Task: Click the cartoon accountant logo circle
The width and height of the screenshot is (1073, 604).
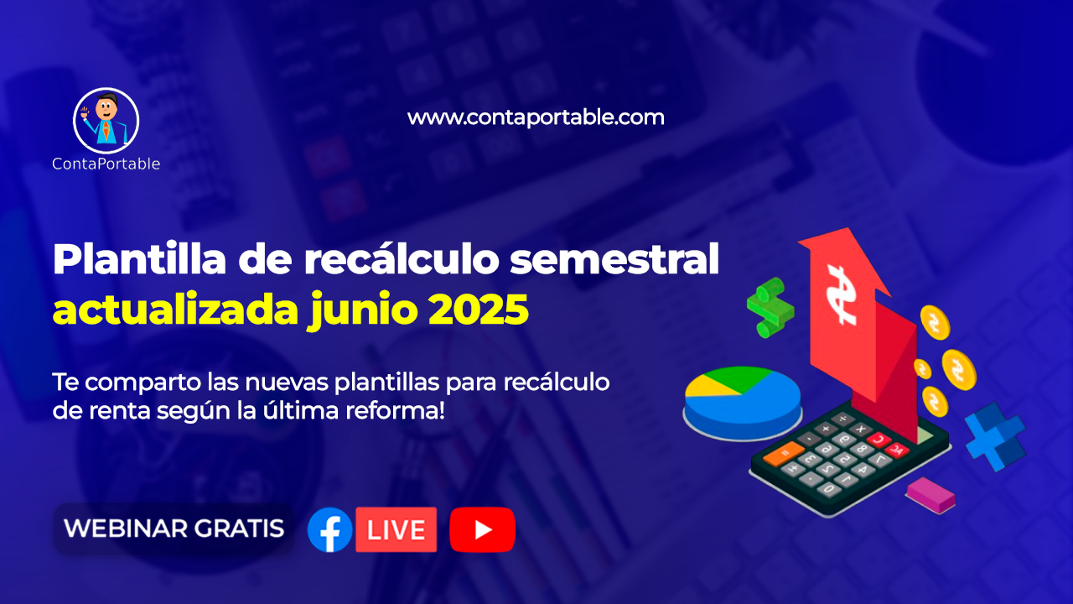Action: (x=106, y=121)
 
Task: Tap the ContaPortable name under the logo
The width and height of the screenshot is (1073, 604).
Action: (x=106, y=164)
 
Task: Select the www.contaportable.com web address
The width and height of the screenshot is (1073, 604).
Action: (x=536, y=118)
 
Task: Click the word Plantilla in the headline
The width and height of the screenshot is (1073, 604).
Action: (x=139, y=259)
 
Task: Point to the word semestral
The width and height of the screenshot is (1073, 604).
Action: (x=614, y=260)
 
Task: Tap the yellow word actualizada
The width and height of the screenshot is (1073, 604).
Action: (x=175, y=310)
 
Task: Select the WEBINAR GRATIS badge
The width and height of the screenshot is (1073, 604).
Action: (x=174, y=528)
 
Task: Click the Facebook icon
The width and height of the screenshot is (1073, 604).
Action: (x=330, y=529)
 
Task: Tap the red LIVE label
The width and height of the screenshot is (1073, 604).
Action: (x=397, y=529)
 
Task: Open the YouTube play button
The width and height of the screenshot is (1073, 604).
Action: (x=482, y=529)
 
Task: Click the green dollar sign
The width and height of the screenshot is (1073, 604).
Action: (x=770, y=308)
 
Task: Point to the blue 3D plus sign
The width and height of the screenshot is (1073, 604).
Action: (x=995, y=437)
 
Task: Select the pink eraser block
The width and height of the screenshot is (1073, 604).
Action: (x=930, y=496)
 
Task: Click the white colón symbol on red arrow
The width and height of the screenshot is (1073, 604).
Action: (x=842, y=295)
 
